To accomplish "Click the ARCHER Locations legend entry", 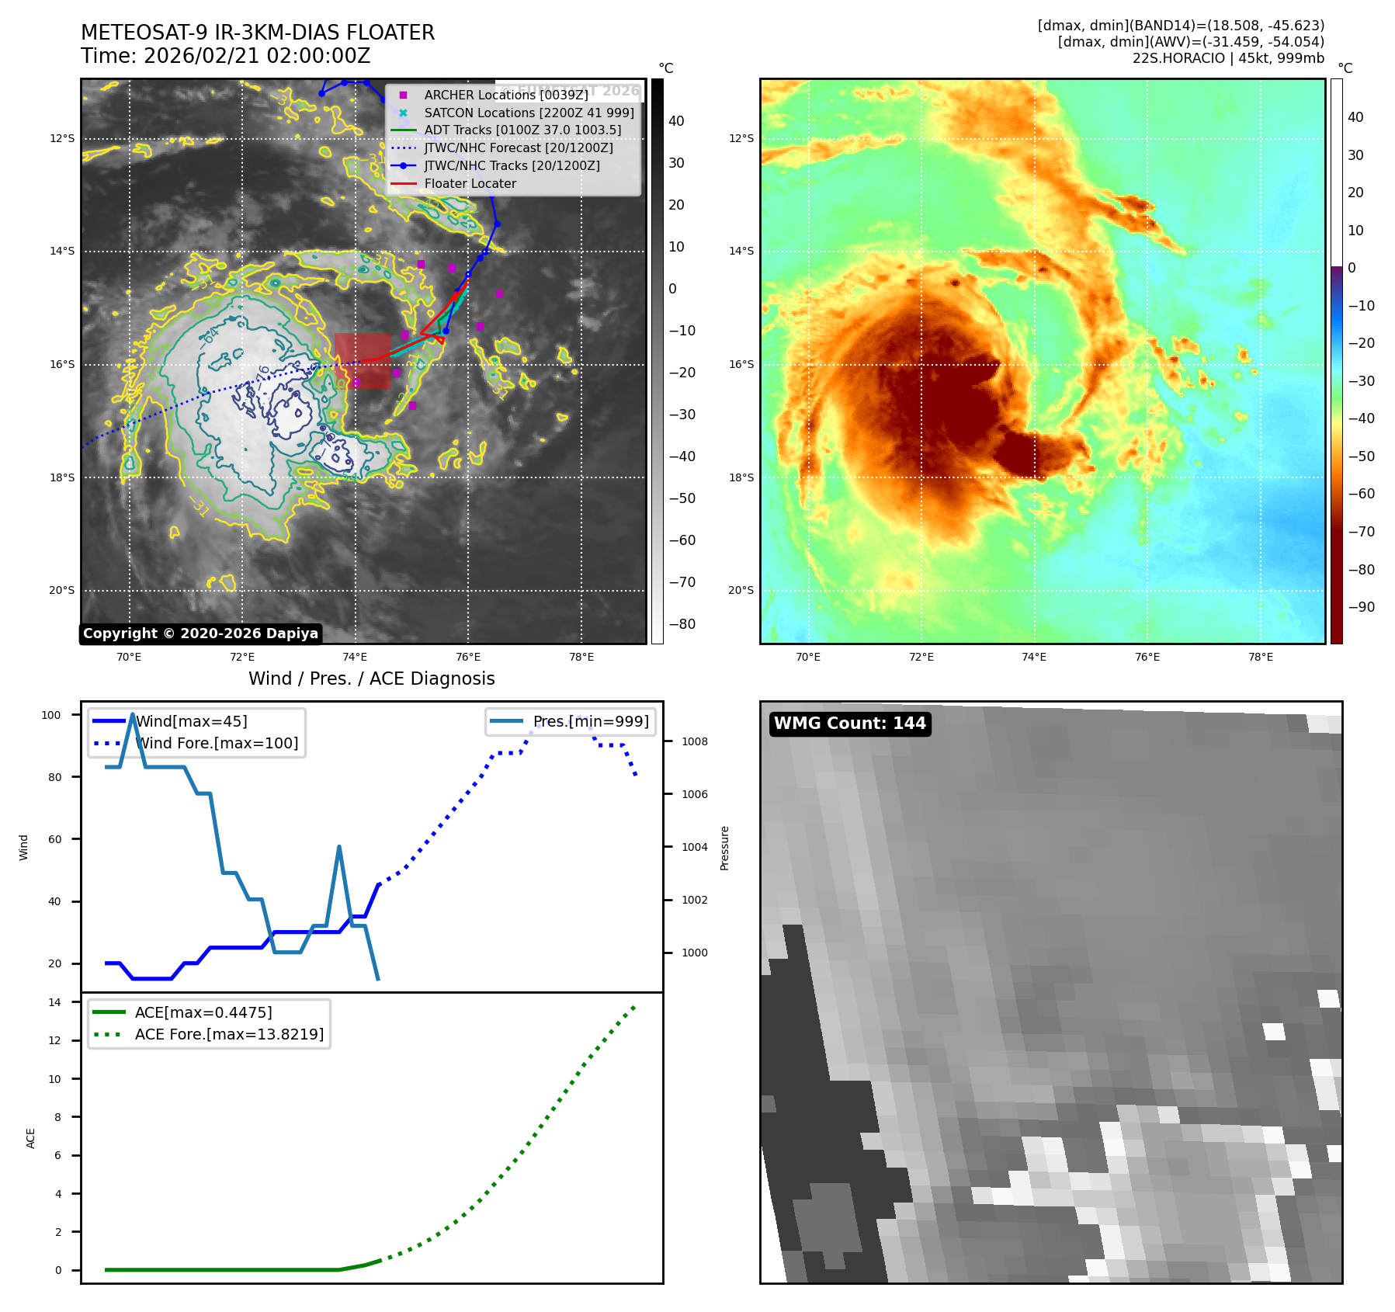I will [506, 95].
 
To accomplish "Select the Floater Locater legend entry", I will [470, 184].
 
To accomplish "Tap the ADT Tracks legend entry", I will [522, 130].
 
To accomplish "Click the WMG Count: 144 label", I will [849, 724].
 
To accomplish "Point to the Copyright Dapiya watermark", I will [200, 633].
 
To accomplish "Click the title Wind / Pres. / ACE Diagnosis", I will [371, 679].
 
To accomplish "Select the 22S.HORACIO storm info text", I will [1227, 58].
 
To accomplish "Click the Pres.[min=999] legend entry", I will [590, 721].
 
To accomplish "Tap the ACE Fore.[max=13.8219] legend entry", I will [229, 1034].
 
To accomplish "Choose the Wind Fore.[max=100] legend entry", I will [217, 743].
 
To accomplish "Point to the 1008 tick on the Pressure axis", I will [694, 741].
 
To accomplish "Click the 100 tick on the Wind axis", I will [51, 715].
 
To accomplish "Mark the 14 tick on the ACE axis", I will [54, 1002].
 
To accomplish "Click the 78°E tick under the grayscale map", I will [581, 658].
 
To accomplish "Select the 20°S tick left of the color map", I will [741, 591].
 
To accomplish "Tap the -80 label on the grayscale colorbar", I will [682, 624].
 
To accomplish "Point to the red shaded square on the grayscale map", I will [363, 361].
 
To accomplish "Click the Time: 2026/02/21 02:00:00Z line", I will [225, 57].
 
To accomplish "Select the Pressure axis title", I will [724, 848].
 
